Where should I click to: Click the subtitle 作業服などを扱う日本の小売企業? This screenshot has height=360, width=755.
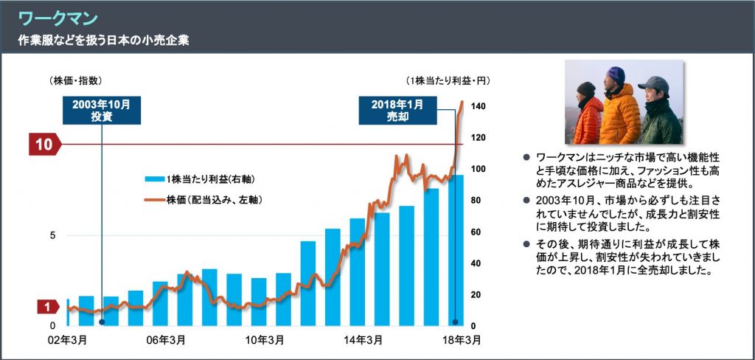103,40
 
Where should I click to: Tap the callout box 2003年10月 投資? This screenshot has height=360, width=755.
101,110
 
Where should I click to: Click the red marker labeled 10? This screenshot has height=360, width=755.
44,145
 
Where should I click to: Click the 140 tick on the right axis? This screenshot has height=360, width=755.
478,107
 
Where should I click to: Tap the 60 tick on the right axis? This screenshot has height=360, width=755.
476,232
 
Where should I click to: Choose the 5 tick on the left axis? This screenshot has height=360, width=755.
52,236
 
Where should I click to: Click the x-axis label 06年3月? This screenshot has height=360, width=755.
166,341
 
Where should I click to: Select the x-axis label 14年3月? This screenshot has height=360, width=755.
363,341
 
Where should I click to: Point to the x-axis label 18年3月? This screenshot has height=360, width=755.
461,341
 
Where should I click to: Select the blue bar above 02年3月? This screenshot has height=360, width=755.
69,312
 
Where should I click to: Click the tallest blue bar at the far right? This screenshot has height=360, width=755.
456,251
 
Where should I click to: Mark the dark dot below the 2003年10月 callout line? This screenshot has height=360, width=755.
102,322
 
